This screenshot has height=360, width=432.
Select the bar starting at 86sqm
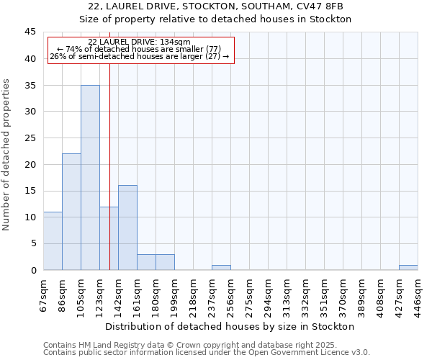click(71, 212)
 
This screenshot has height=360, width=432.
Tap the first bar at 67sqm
click(53, 241)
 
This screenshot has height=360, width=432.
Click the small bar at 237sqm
click(221, 267)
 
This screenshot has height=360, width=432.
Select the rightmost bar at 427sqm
click(408, 267)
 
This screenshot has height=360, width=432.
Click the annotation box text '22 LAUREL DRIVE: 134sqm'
click(139, 42)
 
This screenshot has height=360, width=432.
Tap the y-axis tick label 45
click(30, 32)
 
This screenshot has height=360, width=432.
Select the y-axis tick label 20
click(30, 164)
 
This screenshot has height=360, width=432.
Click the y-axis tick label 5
click(33, 243)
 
